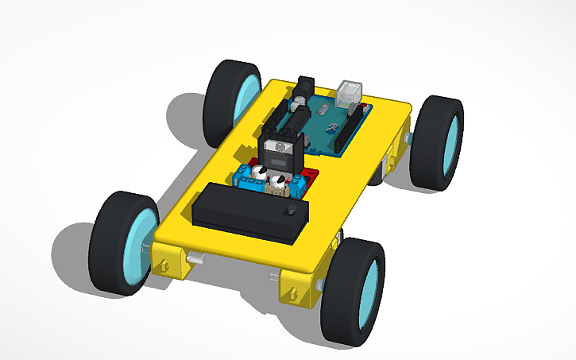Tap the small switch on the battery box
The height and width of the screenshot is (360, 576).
pyautogui.click(x=291, y=211)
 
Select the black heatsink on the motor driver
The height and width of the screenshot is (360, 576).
pyautogui.click(x=279, y=151)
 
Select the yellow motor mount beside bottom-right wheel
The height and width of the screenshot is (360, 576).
pyautogui.click(x=297, y=288)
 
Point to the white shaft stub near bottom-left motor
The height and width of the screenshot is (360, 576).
pyautogui.click(x=195, y=259)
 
